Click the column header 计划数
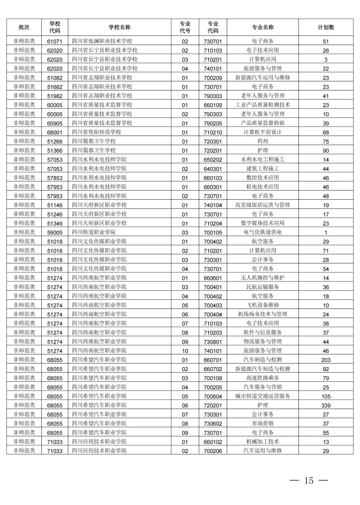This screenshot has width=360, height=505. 326,27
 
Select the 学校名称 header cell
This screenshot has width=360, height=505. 119,27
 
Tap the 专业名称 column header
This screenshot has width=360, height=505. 263,27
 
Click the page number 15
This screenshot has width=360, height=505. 309,480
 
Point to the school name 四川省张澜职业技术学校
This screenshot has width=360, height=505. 102,41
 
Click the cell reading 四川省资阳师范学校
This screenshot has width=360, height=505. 96,132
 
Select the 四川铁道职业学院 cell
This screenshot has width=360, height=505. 94,232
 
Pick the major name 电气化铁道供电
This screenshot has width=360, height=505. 263,232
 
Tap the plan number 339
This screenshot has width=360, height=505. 326,405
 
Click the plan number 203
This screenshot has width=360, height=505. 326,360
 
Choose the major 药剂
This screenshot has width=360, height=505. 263,141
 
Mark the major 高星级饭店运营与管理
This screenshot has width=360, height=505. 263,205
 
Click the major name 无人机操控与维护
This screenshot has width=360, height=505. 263,278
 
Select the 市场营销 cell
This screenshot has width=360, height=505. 263,423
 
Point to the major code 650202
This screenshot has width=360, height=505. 213,160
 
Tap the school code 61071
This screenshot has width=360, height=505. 55,41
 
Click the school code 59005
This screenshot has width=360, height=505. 55,232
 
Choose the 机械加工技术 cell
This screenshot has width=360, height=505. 263,442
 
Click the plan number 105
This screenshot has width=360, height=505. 326,396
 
